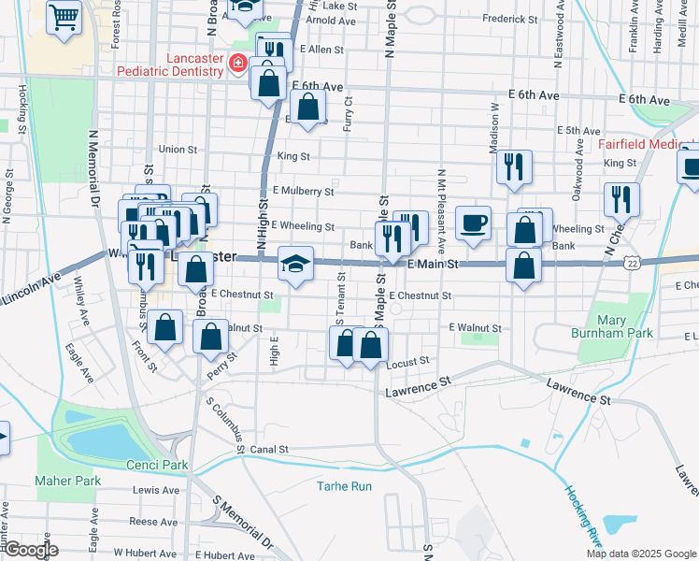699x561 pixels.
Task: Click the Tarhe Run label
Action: [x=344, y=486]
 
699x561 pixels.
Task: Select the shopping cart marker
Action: [x=64, y=15]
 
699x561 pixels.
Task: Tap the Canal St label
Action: [x=268, y=450]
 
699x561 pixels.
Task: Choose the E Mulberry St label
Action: [x=303, y=191]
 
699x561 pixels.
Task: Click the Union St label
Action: [x=178, y=149]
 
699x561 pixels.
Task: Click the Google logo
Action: [x=30, y=550]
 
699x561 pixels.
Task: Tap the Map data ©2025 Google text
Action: [x=641, y=553]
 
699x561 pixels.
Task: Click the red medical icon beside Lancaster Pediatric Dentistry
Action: [x=239, y=64]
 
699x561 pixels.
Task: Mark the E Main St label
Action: [x=433, y=266]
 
